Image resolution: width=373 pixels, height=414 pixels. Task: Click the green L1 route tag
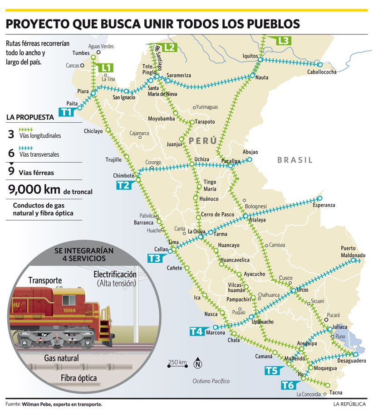pos(106,68)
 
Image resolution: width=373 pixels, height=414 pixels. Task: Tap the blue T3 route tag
pos(154,259)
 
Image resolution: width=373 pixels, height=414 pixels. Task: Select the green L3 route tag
pos(283,40)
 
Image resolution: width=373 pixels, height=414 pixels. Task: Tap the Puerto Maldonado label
pos(353,251)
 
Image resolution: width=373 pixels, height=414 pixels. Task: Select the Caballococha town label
pos(321,72)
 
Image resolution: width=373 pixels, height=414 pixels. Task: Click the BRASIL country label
pos(295,160)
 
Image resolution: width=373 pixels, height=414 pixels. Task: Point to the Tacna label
pos(336,392)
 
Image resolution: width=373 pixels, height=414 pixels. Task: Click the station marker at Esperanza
pos(320,198)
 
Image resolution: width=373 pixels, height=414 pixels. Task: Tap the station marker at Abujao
pos(249,159)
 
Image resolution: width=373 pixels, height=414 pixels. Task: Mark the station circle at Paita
pos(79,108)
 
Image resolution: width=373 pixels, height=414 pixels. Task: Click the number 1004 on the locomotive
pos(69,310)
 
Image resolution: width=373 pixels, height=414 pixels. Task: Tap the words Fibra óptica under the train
pos(79,378)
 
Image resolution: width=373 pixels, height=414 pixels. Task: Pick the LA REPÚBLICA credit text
pos(349,404)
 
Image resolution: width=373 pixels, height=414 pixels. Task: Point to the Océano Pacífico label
pos(211,381)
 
